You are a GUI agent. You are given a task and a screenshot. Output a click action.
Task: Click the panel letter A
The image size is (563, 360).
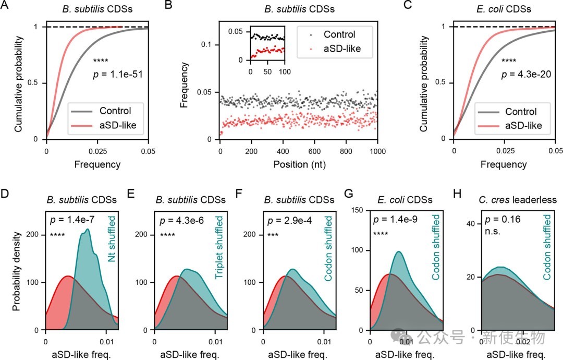click(5, 5)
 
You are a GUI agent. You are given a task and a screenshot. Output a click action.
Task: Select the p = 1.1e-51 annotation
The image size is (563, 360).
click(118, 75)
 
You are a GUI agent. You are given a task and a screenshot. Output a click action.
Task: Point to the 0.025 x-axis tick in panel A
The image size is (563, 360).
click(97, 151)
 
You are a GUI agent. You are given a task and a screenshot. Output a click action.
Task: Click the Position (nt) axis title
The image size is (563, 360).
click(300, 164)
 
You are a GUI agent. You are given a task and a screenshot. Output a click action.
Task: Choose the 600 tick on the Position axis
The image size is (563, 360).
click(314, 151)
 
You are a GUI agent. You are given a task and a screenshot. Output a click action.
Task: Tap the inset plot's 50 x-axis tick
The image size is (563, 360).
click(267, 71)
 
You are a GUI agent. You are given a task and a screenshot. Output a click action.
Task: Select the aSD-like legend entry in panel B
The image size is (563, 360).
click(335, 49)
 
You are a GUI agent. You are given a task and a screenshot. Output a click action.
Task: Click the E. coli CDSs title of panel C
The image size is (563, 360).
click(504, 9)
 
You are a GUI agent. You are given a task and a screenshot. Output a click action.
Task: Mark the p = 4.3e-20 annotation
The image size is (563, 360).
click(526, 75)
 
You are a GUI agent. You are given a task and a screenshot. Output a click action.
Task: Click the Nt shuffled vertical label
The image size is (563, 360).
click(112, 238)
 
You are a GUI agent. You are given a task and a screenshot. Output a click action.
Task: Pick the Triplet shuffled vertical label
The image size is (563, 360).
click(218, 247)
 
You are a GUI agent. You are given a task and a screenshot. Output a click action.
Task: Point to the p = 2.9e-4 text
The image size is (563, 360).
click(289, 220)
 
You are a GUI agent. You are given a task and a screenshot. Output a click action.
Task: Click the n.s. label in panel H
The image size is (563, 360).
click(493, 231)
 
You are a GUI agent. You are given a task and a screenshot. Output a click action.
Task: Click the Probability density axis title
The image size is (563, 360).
click(16, 271)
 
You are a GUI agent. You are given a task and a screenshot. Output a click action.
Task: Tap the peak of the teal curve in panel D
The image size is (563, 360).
click(87, 229)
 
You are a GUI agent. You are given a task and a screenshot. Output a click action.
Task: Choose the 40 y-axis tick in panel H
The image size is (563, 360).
click(470, 224)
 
